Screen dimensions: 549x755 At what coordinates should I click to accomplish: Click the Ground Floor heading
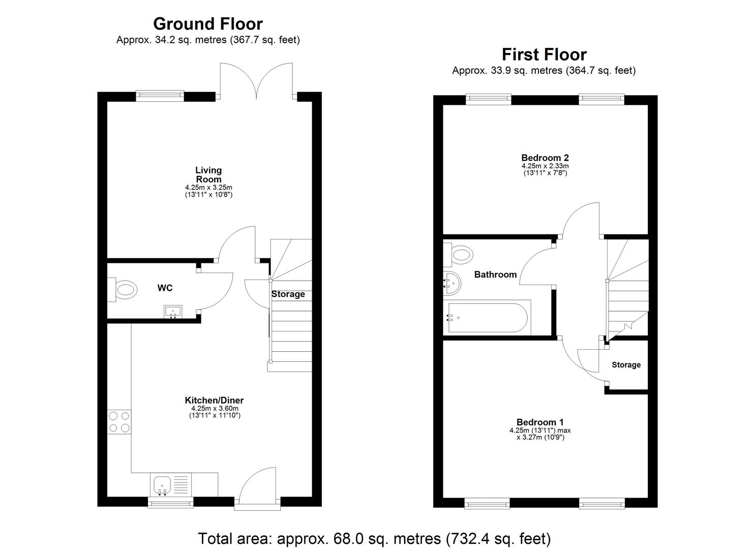[208, 24]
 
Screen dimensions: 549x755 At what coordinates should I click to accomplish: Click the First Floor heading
[544, 54]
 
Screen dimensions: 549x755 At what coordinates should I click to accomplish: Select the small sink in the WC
[173, 311]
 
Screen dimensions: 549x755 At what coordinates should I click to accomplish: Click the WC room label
[165, 288]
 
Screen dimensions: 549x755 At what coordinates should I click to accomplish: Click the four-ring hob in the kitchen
[119, 421]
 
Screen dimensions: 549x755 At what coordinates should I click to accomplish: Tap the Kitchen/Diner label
[214, 401]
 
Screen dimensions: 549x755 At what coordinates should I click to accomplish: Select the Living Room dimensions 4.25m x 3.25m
[208, 188]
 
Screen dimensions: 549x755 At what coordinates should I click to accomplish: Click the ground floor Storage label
[288, 294]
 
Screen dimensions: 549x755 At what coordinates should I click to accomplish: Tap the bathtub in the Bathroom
[488, 318]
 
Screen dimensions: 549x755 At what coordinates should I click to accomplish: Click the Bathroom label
[495, 274]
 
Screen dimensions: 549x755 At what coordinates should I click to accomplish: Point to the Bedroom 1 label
[540, 422]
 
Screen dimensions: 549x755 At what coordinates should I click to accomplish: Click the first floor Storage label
[626, 365]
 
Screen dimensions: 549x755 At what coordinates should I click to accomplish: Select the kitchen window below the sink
[171, 502]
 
